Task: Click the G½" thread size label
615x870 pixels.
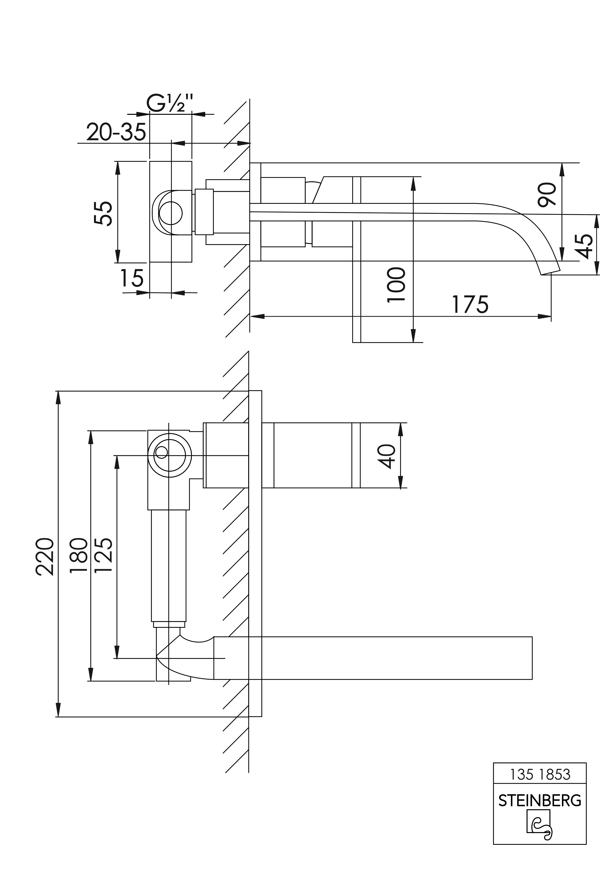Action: [170, 103]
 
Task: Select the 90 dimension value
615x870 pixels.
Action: [547, 194]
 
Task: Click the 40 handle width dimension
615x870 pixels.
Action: [388, 456]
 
